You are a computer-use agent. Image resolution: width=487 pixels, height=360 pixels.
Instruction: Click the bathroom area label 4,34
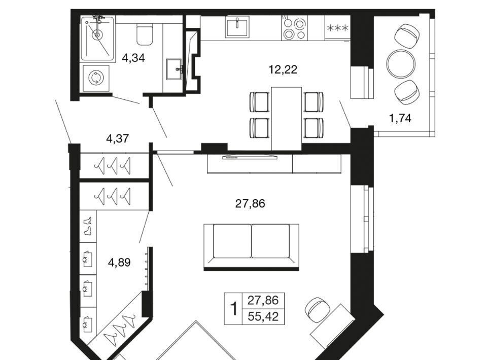(133, 58)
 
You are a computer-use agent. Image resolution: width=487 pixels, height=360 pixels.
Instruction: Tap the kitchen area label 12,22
(283, 69)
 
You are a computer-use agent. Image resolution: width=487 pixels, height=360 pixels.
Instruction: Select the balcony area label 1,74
(400, 118)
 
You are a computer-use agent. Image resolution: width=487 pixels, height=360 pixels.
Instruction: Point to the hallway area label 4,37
(117, 138)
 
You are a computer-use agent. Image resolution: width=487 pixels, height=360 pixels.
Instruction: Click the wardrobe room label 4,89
(119, 263)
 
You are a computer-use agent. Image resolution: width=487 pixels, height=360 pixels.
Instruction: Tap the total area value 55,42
(263, 317)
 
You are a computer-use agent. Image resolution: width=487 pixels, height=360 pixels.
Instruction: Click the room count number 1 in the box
(233, 309)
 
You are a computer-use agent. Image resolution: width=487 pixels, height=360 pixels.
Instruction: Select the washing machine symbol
(96, 78)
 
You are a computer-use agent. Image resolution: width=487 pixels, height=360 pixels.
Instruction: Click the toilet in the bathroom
(145, 34)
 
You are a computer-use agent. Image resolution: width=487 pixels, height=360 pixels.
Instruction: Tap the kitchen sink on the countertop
(237, 27)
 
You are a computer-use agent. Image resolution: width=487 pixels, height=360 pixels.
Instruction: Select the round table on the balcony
(401, 64)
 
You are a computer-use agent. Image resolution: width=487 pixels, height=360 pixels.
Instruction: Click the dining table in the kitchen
(286, 119)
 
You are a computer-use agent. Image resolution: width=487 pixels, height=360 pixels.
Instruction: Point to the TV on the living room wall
(250, 156)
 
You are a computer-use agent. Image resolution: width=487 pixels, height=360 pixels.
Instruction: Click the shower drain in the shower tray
(97, 35)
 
